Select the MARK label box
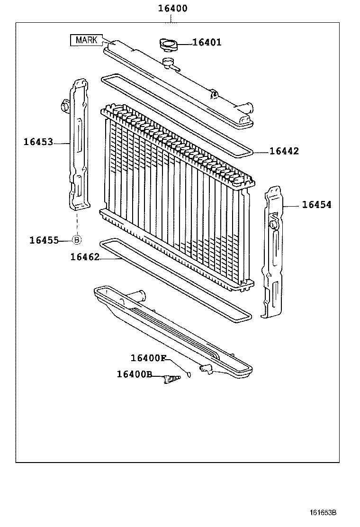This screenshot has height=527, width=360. (86, 40)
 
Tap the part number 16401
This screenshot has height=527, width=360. (207, 43)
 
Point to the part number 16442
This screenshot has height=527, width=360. (284, 151)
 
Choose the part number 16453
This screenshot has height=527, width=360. (38, 142)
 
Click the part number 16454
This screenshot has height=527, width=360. (316, 205)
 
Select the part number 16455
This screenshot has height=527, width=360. (44, 240)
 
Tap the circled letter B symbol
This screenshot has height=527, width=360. (76, 240)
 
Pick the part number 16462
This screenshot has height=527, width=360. (85, 257)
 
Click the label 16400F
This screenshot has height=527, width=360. (148, 358)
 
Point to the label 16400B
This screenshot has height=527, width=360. (135, 374)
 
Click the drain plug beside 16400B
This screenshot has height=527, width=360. (172, 379)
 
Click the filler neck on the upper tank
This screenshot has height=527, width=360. (168, 62)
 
